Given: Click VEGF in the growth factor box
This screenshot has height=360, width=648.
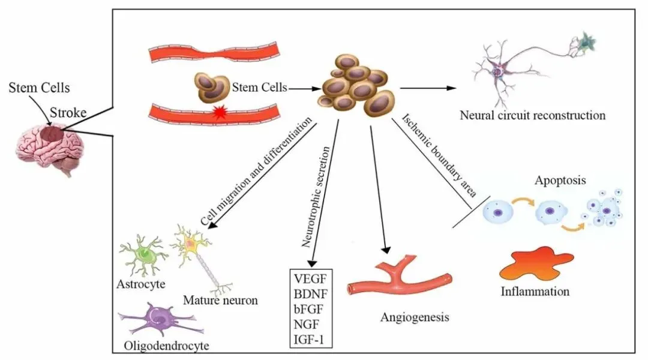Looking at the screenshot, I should point(310,278).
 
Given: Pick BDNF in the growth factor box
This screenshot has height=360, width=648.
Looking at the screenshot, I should point(310,293).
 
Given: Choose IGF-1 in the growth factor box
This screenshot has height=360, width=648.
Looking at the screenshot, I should point(310,340).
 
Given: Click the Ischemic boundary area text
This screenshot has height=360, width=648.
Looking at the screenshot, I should point(440,154).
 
